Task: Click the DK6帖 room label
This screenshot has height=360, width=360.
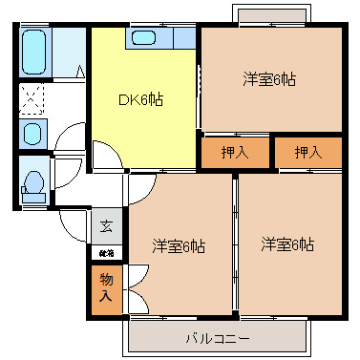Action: (139, 99)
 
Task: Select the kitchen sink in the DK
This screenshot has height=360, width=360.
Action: (145, 39)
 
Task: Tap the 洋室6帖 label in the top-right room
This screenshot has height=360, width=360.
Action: (268, 79)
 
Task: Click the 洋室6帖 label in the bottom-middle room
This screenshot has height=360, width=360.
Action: (179, 245)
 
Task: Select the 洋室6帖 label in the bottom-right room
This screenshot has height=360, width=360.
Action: (288, 244)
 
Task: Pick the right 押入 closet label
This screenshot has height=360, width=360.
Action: (307, 152)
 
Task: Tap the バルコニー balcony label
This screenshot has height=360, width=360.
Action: (217, 338)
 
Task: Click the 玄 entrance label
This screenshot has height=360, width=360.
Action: (105, 227)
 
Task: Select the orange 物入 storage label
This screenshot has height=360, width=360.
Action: (105, 286)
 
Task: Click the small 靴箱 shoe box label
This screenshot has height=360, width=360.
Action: (105, 254)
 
